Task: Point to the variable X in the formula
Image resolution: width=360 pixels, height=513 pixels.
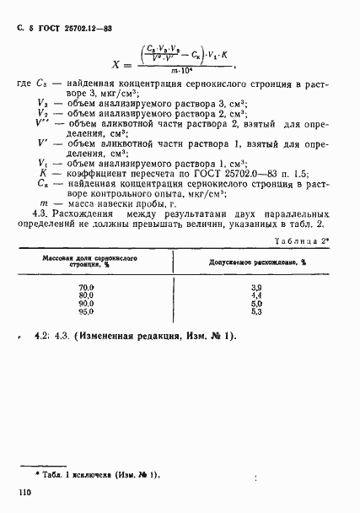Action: [117, 64]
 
